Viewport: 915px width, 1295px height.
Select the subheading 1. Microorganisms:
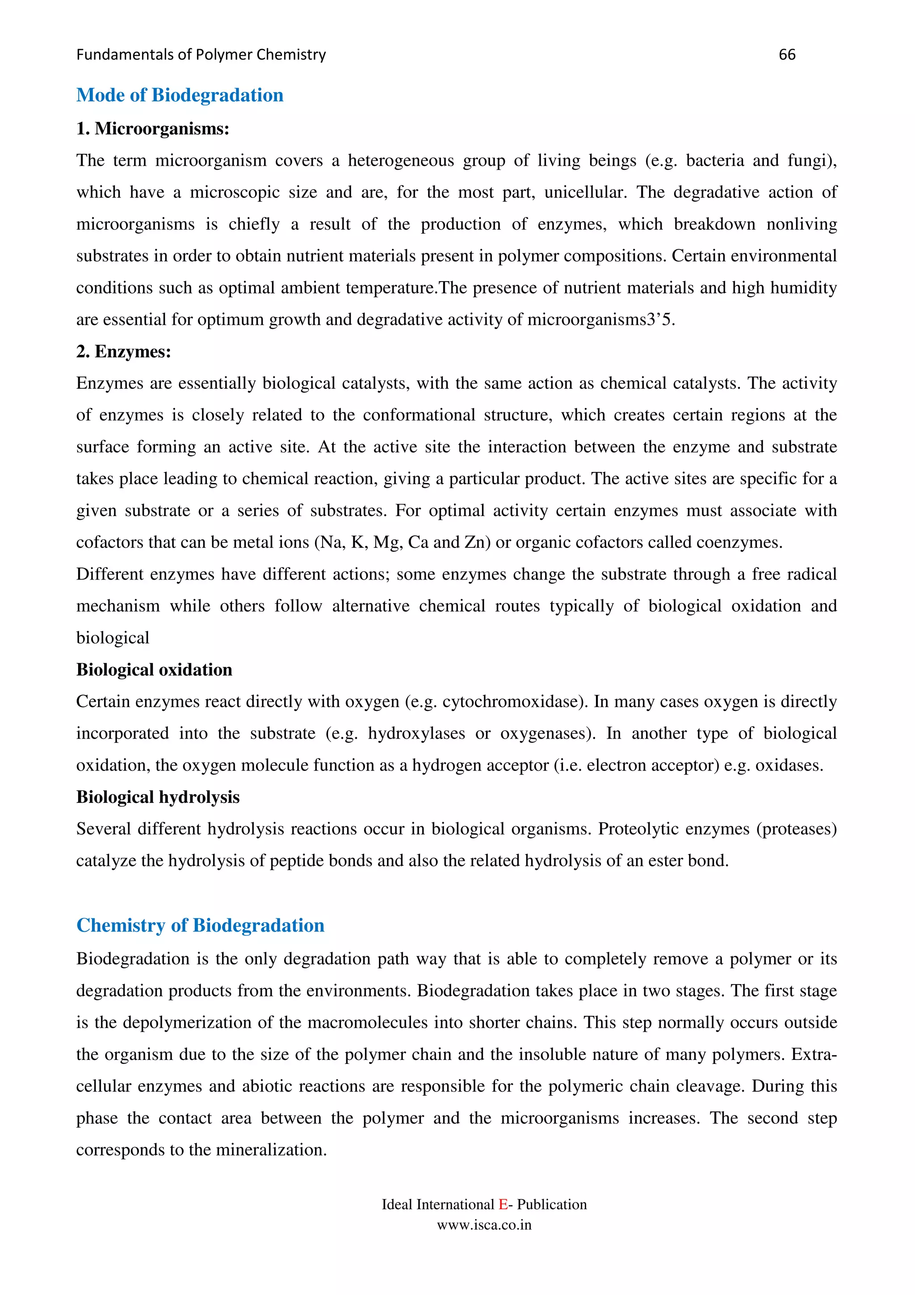[x=152, y=129]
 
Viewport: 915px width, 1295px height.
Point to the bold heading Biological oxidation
[x=154, y=669]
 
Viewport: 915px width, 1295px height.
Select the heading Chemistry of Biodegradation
[x=200, y=925]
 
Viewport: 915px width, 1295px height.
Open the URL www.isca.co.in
[x=484, y=1225]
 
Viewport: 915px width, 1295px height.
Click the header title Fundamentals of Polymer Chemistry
[x=201, y=55]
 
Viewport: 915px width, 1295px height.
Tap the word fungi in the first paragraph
[x=809, y=161]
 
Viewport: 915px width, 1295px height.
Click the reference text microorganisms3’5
[x=601, y=320]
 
